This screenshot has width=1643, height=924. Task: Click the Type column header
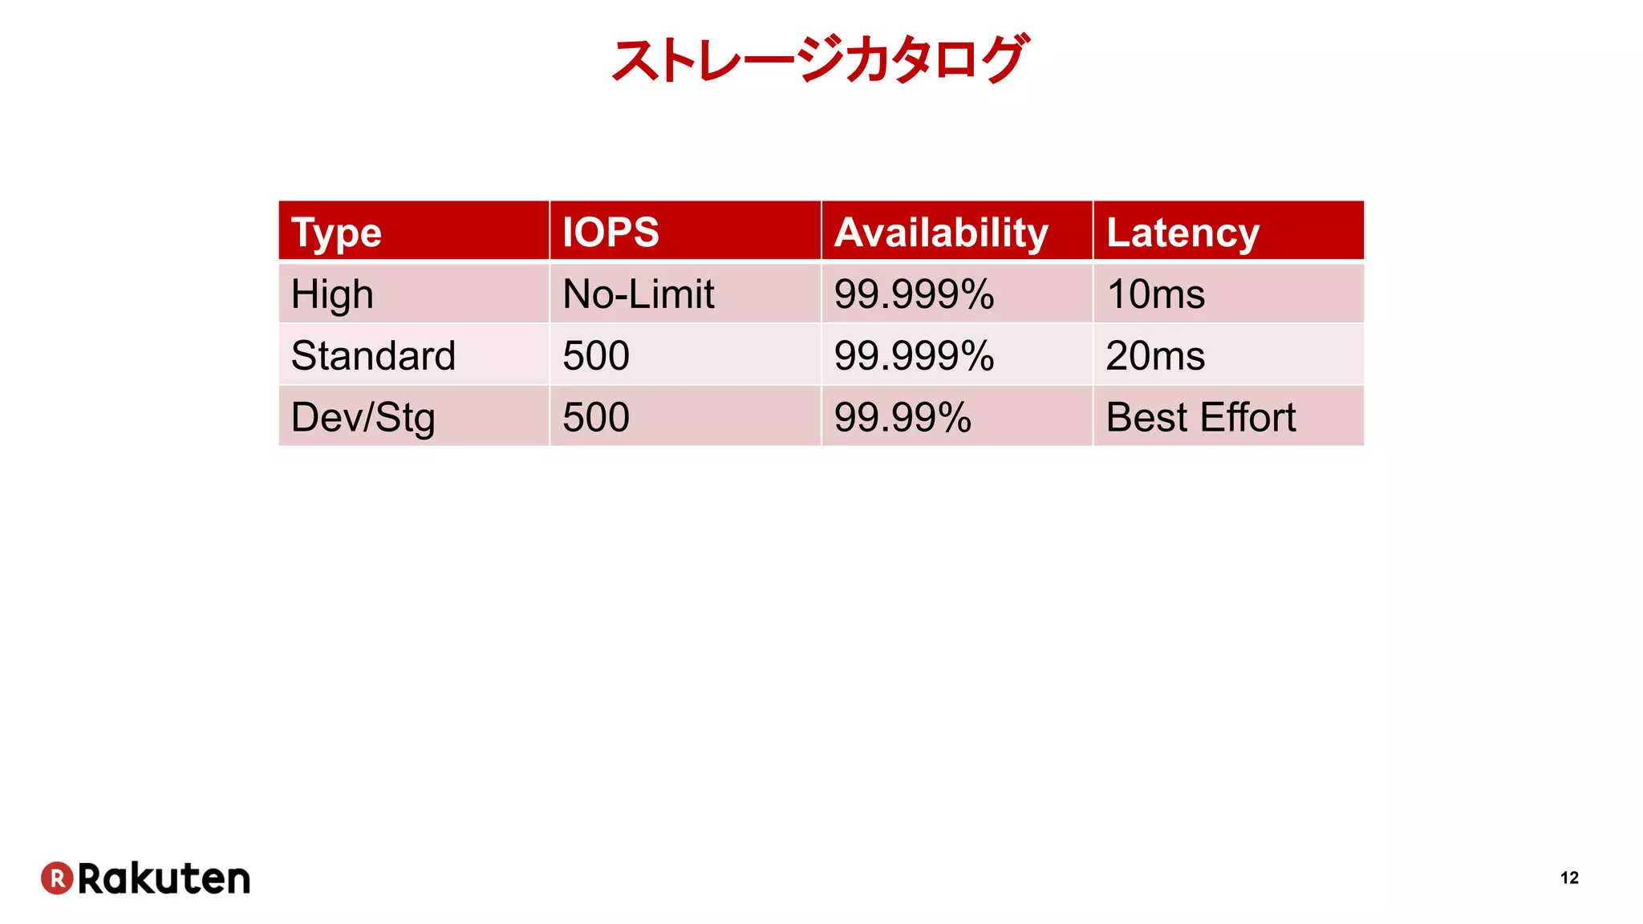pos(336,233)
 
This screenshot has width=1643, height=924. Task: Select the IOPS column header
pos(611,233)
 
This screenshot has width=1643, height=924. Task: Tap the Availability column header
pos(941,233)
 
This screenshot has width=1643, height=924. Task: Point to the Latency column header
pos(1183,233)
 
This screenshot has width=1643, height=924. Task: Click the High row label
pos(332,294)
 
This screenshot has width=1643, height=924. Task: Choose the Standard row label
pos(373,355)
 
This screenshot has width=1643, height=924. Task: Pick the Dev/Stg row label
pos(363,417)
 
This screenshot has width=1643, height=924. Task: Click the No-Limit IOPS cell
pos(638,294)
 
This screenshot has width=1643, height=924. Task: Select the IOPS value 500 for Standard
pos(596,355)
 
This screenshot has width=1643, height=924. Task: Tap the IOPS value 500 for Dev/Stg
pos(596,417)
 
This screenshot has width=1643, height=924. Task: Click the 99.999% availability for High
pos(914,294)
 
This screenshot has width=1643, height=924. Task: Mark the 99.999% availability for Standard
pos(914,355)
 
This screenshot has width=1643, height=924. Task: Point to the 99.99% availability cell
pos(903,417)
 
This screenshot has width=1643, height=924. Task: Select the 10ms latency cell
pos(1155,294)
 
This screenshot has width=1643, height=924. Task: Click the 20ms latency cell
pos(1155,355)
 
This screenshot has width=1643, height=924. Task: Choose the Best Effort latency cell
pos(1200,417)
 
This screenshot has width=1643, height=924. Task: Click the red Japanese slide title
pos(818,59)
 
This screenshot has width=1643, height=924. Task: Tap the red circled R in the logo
pos(57,878)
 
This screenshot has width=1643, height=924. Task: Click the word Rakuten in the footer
pos(164,879)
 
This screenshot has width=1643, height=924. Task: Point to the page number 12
pos(1569,878)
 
